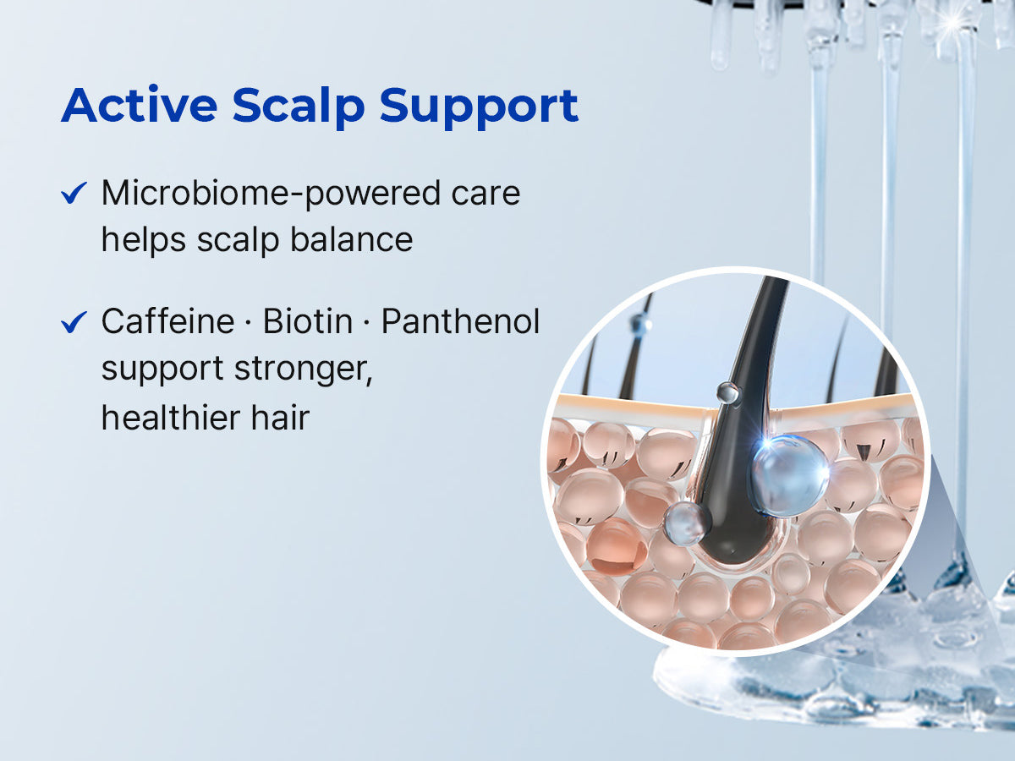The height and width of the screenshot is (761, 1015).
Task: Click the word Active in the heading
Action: pyautogui.click(x=140, y=105)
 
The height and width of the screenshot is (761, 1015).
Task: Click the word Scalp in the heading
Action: pyautogui.click(x=299, y=107)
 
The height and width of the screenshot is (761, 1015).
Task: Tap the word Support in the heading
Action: pyautogui.click(x=479, y=107)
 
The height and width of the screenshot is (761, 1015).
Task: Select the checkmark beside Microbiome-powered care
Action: pyautogui.click(x=74, y=193)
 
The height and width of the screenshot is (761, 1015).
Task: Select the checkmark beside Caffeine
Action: pyautogui.click(x=74, y=322)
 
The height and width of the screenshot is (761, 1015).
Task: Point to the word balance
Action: pyautogui.click(x=351, y=239)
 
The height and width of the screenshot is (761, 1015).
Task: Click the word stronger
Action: pyautogui.click(x=304, y=370)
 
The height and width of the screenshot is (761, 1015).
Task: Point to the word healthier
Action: pyautogui.click(x=170, y=417)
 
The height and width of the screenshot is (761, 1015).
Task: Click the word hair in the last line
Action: pyautogui.click(x=280, y=417)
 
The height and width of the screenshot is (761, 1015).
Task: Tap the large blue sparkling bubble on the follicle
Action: pyautogui.click(x=788, y=476)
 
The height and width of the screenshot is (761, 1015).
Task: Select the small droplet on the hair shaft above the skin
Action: pyautogui.click(x=728, y=392)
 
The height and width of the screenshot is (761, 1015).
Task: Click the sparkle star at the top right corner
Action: pyautogui.click(x=955, y=22)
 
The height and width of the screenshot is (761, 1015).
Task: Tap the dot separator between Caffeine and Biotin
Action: pyautogui.click(x=249, y=322)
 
